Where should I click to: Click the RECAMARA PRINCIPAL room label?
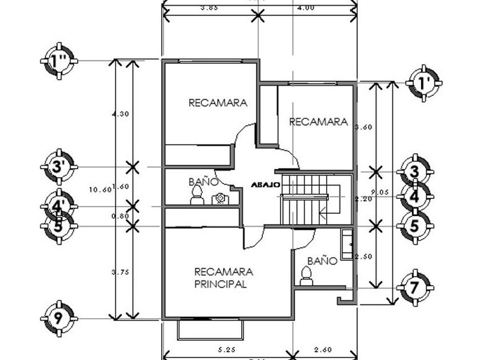pos(221,278)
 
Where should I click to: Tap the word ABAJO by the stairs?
pos(265,185)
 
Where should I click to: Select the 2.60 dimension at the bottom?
pos(323,347)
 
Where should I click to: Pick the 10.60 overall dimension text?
pos(101,190)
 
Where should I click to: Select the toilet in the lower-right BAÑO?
pos(306,278)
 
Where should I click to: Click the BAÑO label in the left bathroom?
pos(203,182)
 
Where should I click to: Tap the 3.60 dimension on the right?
pos(363,127)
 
